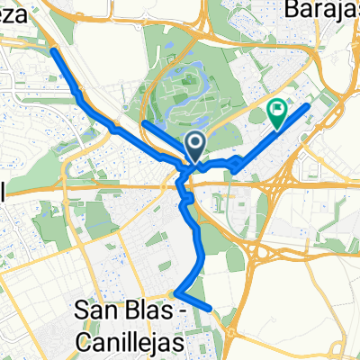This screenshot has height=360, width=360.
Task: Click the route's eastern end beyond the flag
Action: tap(309, 106)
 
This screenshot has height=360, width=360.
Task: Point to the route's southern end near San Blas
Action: tap(211, 308)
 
